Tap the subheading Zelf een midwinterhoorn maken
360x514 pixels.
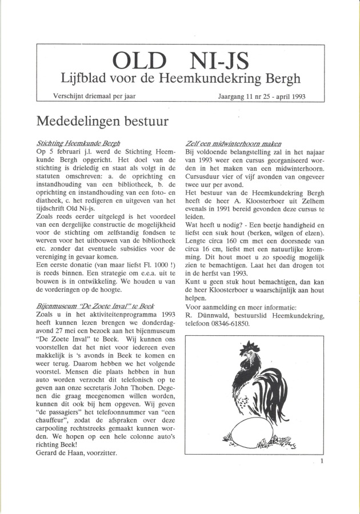(x=234, y=143)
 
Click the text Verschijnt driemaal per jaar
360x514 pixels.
(x=94, y=95)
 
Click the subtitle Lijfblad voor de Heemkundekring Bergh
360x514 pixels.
(x=181, y=78)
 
